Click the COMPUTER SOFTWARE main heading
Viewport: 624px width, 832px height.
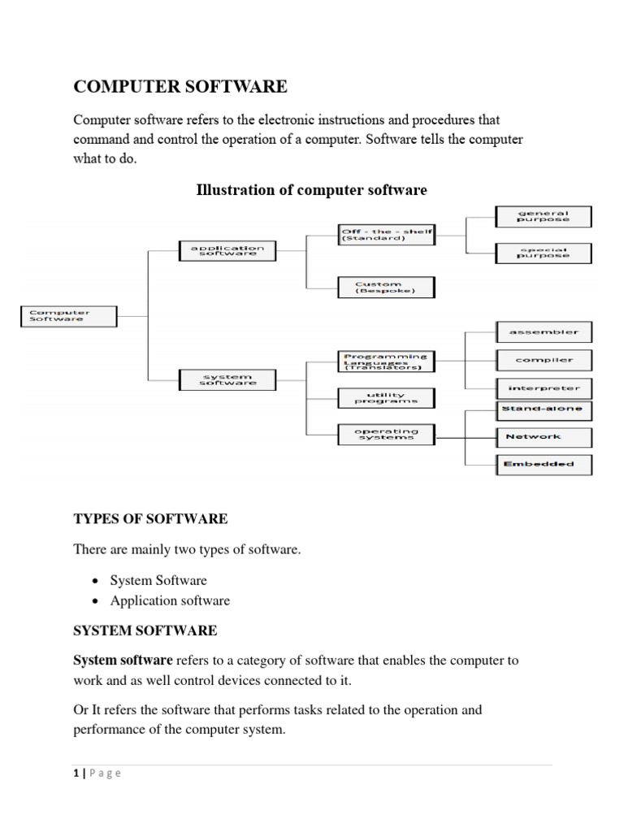click(180, 86)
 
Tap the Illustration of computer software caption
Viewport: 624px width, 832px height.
click(311, 190)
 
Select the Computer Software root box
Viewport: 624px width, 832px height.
click(68, 315)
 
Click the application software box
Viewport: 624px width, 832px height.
click(227, 250)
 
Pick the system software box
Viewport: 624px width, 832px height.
click(227, 379)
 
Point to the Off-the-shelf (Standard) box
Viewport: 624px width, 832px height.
click(386, 236)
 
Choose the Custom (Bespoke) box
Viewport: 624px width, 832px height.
click(386, 288)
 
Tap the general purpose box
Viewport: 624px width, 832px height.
click(544, 216)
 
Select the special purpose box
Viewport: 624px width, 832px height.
click(544, 253)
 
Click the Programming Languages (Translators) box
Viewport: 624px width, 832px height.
click(386, 361)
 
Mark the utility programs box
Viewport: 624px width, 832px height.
click(386, 398)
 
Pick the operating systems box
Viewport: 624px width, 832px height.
click(386, 434)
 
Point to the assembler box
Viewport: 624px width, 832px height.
click(544, 331)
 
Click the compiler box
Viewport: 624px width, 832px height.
click(544, 359)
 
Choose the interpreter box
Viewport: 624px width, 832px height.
click(544, 388)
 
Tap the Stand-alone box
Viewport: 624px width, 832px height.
click(544, 409)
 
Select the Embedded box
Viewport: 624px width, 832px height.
click(544, 464)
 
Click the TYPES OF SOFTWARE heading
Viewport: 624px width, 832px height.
click(150, 518)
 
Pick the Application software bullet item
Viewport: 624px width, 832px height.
click(170, 601)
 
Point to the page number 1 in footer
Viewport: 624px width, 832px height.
click(76, 773)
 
